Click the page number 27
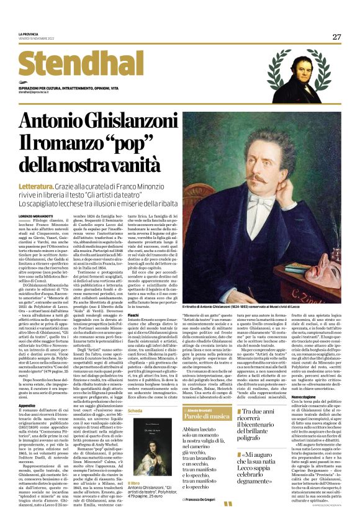[x=336, y=37]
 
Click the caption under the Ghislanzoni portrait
[x=261, y=307]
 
